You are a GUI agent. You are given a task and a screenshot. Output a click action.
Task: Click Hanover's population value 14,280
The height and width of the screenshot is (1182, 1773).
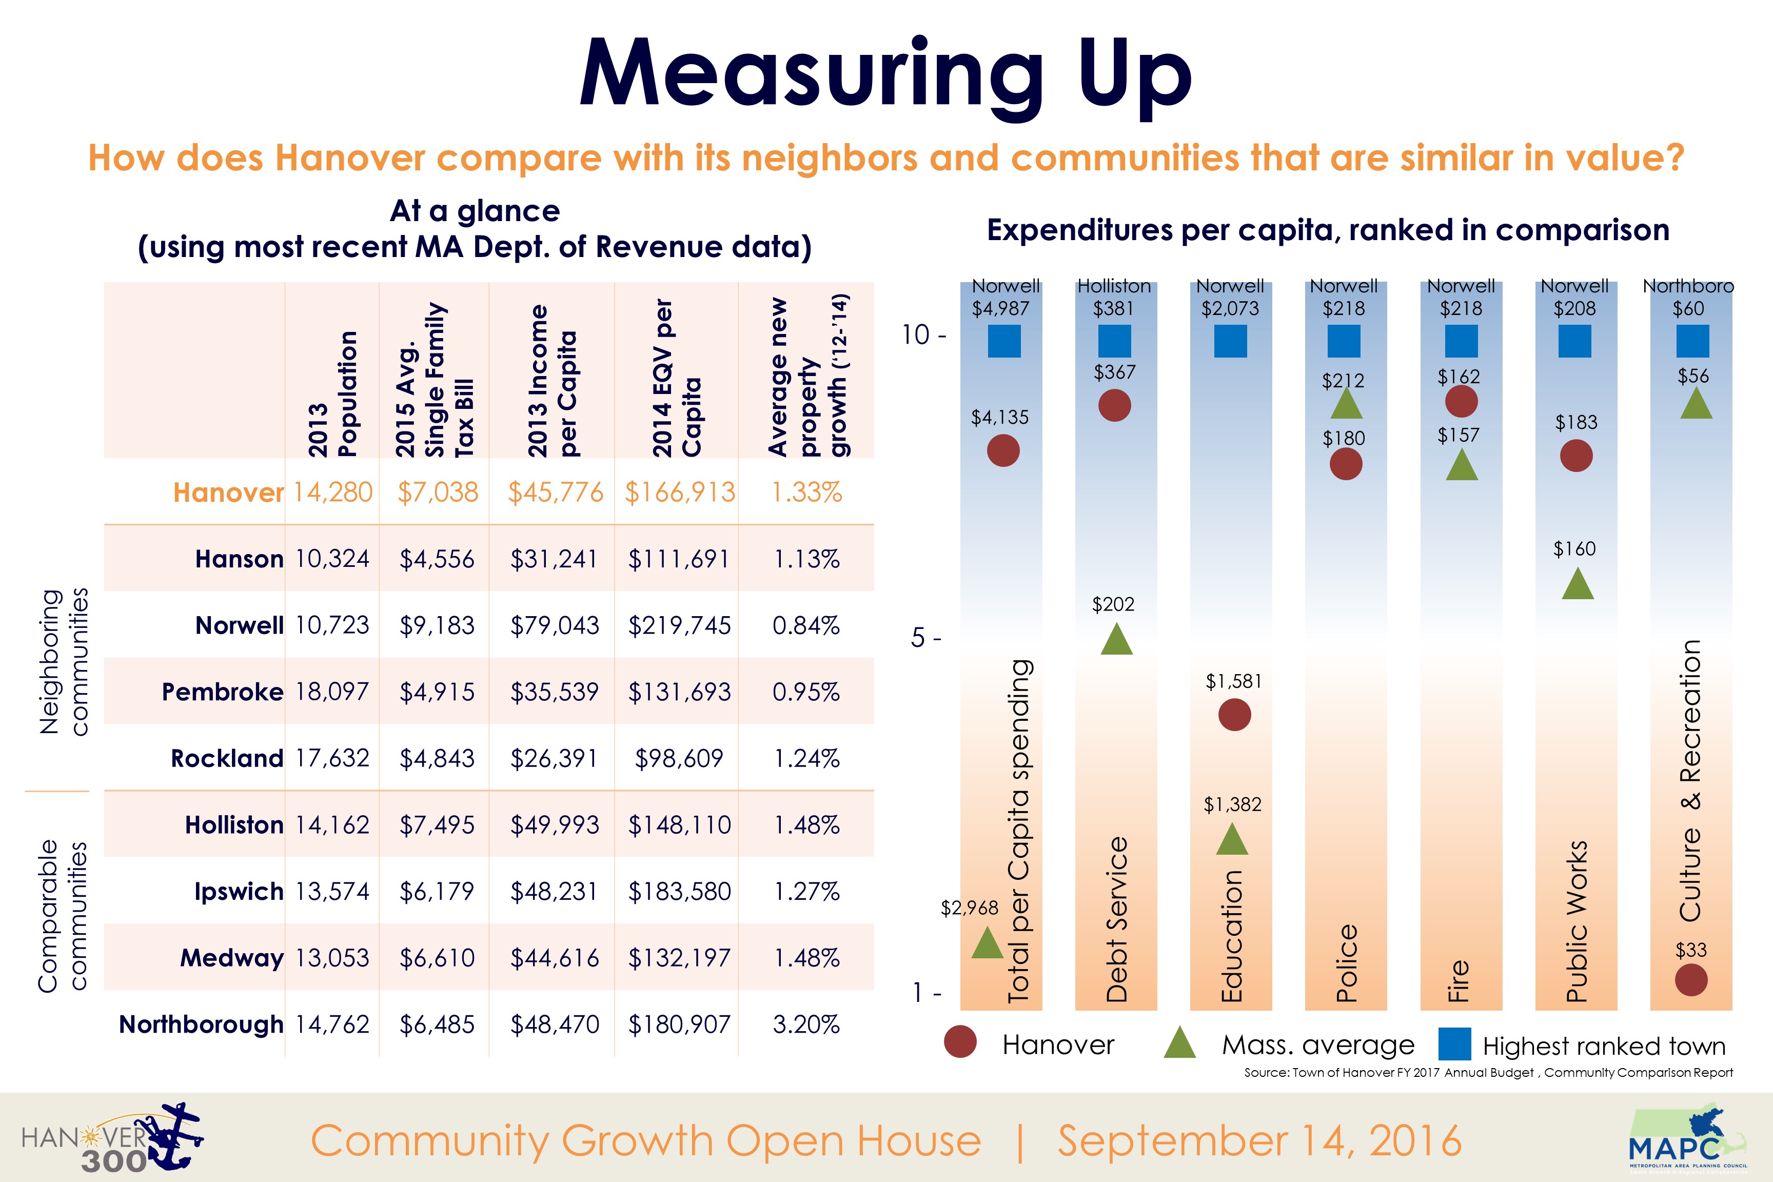click(332, 493)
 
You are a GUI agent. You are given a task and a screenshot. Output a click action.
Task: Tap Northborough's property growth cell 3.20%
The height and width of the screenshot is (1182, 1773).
click(806, 1025)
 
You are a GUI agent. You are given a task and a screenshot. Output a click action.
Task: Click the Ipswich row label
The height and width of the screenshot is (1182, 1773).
click(238, 892)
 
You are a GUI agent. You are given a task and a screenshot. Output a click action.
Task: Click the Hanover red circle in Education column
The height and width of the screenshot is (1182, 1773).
click(1234, 715)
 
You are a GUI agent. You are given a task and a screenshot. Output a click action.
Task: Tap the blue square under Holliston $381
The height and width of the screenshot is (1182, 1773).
click(1114, 342)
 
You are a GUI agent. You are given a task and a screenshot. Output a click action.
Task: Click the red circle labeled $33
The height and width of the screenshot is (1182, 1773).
click(1691, 980)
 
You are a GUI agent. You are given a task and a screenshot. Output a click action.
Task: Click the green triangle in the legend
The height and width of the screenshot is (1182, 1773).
click(1180, 1044)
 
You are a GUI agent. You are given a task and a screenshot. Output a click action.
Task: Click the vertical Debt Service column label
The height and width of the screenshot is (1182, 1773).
click(1116, 920)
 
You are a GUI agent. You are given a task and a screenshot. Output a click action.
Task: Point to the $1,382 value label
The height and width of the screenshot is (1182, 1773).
click(1232, 805)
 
